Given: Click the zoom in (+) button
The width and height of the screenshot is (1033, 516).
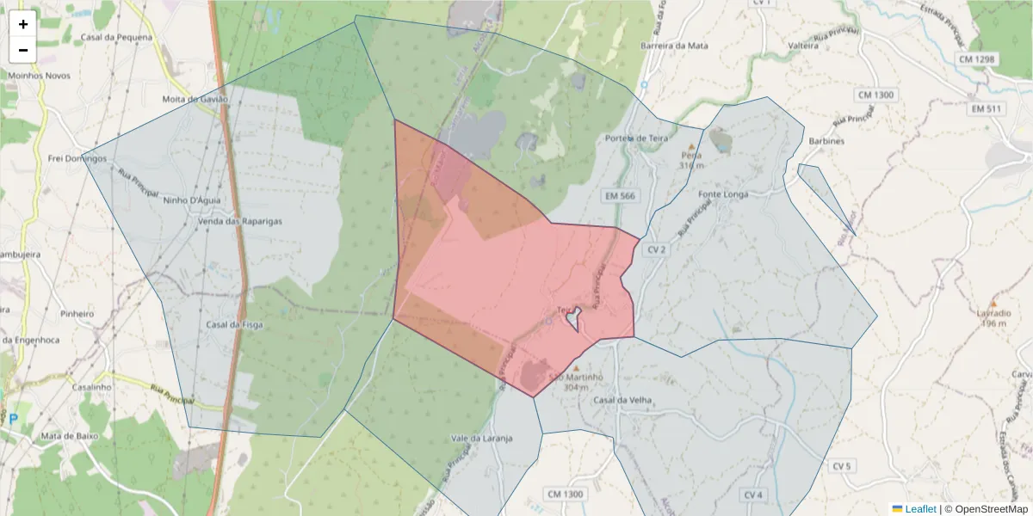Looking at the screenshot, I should click(23, 24).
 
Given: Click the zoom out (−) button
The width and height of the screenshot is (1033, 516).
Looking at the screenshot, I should click(23, 50).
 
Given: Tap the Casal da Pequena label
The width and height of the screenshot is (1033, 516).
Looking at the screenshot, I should click(116, 38).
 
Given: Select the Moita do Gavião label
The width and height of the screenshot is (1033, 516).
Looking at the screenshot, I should click(195, 100).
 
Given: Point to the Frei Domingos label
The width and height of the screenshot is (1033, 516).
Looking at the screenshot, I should click(75, 158).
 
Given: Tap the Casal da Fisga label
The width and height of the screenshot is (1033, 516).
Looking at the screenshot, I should click(235, 325).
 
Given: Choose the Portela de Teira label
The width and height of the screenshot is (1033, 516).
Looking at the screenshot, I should click(637, 138).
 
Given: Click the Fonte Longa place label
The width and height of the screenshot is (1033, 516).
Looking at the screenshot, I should click(723, 194).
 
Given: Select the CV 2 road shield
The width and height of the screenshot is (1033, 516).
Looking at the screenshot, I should click(657, 249).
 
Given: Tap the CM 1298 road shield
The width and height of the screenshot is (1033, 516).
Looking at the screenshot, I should click(976, 59).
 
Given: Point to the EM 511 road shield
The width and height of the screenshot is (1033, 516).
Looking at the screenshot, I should click(987, 109).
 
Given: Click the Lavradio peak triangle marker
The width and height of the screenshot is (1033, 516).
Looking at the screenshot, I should click(993, 304).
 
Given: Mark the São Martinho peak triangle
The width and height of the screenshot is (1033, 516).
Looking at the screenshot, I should click(577, 369).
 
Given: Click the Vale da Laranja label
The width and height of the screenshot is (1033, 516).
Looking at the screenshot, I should click(482, 438).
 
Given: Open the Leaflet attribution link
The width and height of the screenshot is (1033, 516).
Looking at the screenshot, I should click(920, 509).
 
